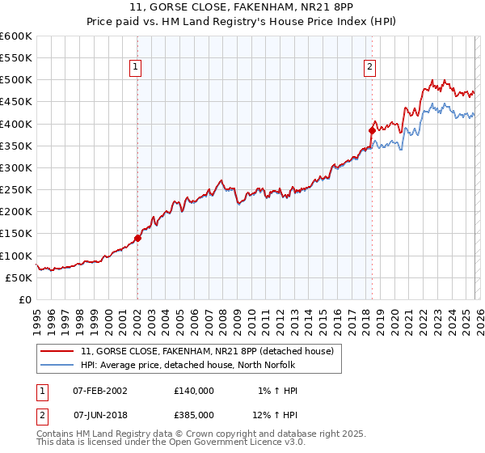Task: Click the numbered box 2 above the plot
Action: (369, 67)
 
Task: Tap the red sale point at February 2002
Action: (137, 238)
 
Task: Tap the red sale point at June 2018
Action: (372, 130)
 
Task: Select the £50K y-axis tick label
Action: (19, 277)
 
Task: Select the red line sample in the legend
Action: (58, 352)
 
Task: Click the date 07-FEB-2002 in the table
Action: (100, 391)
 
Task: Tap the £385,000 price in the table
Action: (194, 414)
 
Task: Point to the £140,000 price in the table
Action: (194, 391)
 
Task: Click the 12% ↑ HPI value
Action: (276, 414)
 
